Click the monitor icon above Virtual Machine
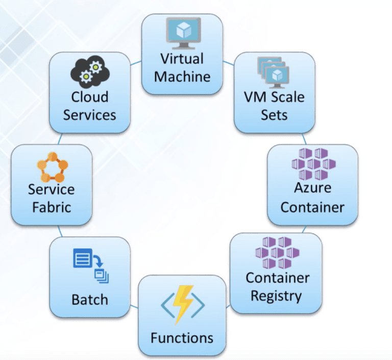182,33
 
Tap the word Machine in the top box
182,77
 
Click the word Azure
312,188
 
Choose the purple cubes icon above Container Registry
277,252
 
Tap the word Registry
277,295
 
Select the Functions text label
182,338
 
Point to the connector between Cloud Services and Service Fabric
60,139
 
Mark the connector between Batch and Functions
134,306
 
